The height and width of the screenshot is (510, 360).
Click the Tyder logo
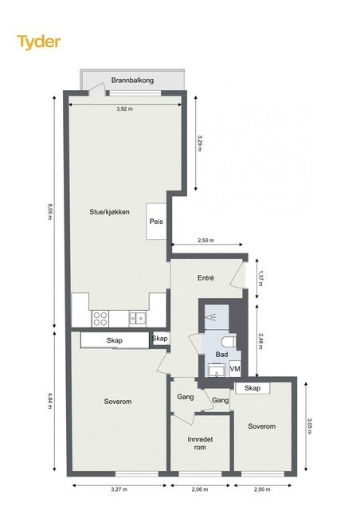pos(39,42)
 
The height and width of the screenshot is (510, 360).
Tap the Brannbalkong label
pos(132,80)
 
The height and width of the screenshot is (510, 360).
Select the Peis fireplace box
pos(156,222)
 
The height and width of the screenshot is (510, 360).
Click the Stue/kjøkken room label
pos(110,212)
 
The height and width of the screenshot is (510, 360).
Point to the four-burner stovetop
pos(100,319)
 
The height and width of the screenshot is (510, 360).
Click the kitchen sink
pos(138,318)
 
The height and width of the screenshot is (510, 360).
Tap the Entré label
pos(205,278)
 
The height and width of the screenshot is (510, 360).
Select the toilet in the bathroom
pos(229,342)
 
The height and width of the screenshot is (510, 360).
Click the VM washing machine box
pos(235,369)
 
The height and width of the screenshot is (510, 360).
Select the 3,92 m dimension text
pos(124,109)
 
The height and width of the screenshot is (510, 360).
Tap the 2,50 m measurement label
pos(205,241)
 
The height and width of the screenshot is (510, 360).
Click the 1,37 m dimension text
pos(260,278)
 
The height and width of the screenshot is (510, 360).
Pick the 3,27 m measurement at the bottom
pos(119,489)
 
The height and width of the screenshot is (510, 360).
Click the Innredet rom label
pos(200,443)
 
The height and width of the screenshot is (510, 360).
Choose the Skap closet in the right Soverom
pos(252,388)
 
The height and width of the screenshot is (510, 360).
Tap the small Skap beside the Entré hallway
pos(159,339)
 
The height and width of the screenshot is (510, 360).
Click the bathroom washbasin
pos(216,370)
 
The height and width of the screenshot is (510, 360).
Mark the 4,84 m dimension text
pos(49,401)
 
